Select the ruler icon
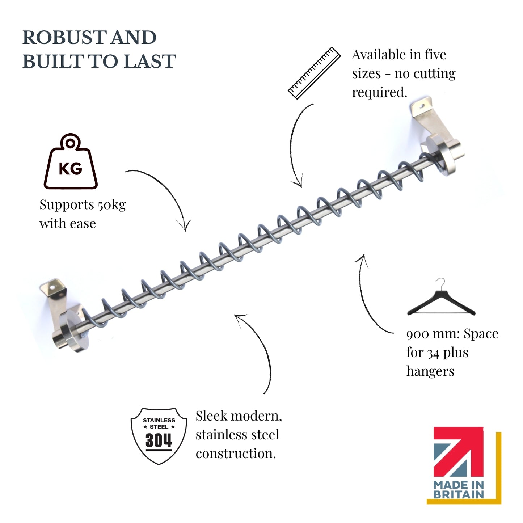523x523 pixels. point(314,73)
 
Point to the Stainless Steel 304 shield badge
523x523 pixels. point(159,436)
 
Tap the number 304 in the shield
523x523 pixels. point(159,440)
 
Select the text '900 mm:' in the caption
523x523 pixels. point(433,334)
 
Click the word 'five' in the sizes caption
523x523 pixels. point(435,55)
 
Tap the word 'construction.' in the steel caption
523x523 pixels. point(236,454)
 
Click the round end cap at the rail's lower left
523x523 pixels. point(73,332)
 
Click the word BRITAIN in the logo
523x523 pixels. point(459,494)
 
